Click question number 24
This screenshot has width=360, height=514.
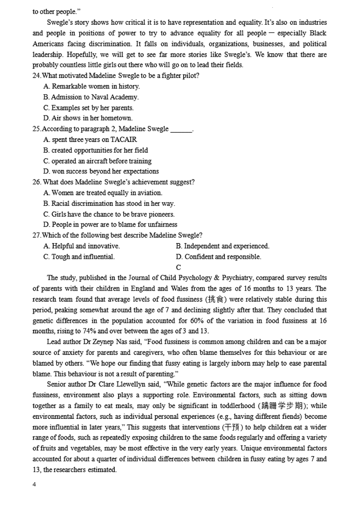[36, 76]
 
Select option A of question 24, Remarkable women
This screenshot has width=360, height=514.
[92, 86]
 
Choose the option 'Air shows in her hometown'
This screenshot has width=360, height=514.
[88, 118]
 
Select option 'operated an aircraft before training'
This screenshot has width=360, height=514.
[97, 161]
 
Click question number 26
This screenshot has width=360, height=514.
[37, 182]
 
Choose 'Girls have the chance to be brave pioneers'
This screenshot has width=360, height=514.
[109, 214]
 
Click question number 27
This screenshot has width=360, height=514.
[36, 235]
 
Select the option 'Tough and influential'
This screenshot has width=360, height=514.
[79, 257]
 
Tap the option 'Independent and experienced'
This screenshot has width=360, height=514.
[222, 246]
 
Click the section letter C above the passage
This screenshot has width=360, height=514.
[178, 267]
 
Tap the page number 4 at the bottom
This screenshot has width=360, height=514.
[34, 485]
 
